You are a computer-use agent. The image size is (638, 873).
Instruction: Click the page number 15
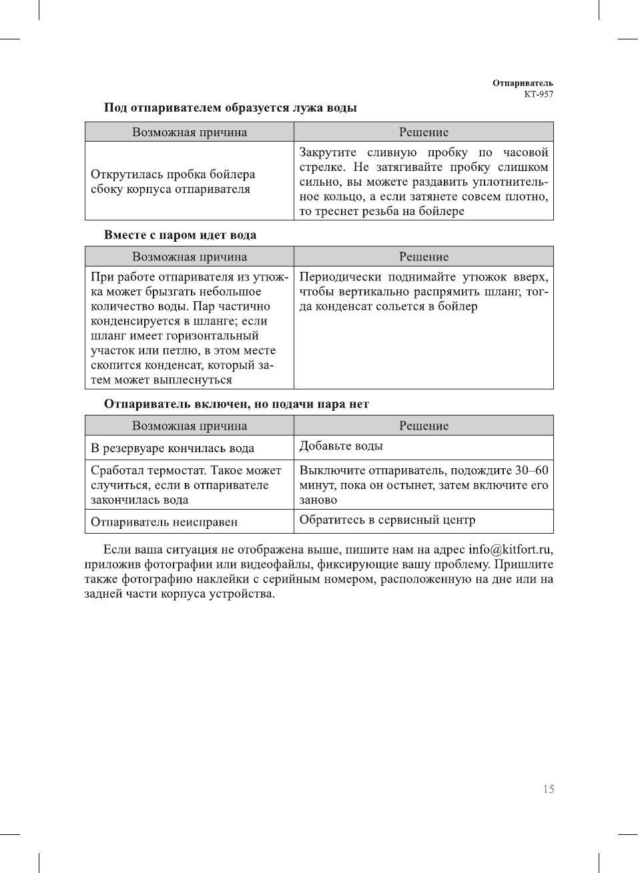(548, 789)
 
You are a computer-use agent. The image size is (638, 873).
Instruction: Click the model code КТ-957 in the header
(538, 94)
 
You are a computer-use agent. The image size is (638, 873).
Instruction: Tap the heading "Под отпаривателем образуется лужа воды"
(230, 108)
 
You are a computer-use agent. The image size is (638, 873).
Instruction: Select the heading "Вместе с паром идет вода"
(180, 235)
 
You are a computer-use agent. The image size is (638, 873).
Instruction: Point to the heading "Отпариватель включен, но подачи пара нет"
(236, 404)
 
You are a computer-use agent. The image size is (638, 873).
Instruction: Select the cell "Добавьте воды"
(341, 446)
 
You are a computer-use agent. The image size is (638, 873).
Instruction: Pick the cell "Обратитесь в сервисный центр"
(387, 520)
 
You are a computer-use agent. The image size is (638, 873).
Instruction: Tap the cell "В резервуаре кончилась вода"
(172, 448)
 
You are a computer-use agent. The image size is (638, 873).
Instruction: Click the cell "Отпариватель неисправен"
(164, 522)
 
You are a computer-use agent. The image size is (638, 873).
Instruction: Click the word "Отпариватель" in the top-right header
(523, 83)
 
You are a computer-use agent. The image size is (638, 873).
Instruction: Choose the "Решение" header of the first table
(424, 132)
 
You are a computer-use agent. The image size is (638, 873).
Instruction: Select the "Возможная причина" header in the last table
(190, 426)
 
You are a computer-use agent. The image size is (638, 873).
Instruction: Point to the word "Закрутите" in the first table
(328, 152)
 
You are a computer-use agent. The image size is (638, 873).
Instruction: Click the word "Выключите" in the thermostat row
(330, 470)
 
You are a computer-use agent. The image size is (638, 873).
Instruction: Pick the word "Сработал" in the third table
(115, 470)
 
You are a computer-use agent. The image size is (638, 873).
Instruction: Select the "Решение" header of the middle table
(424, 257)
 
